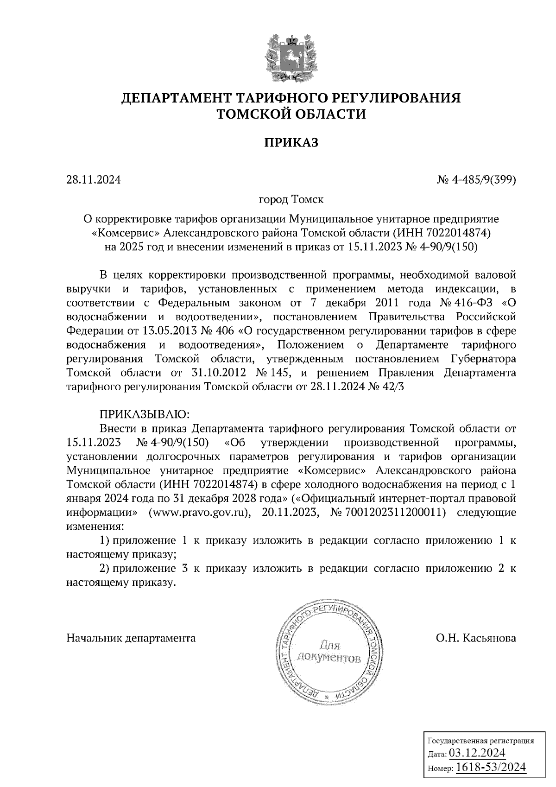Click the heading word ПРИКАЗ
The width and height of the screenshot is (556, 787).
(x=291, y=142)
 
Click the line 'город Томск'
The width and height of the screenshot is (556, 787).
(x=291, y=200)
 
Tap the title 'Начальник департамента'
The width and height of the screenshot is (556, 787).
(x=131, y=638)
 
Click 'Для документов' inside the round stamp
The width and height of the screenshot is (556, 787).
(x=329, y=651)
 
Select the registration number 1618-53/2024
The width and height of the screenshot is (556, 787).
(x=491, y=768)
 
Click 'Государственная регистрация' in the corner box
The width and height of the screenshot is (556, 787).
(x=480, y=741)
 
